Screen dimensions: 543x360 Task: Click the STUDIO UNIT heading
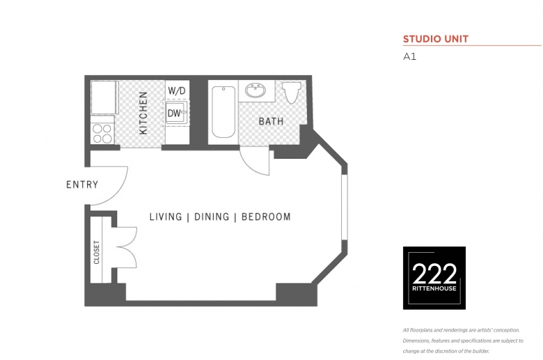(436, 39)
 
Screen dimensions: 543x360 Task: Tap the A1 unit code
(409, 56)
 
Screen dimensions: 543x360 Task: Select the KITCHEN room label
(143, 113)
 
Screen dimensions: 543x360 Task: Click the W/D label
(177, 91)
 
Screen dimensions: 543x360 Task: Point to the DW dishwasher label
(174, 113)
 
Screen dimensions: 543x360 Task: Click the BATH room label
(271, 121)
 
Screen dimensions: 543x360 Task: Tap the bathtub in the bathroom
(223, 112)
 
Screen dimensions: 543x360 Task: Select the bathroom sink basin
(255, 91)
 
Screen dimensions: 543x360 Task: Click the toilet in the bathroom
(292, 93)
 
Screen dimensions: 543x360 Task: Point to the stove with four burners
(102, 134)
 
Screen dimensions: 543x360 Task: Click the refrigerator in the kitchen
(104, 97)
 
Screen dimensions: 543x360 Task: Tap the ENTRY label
(82, 185)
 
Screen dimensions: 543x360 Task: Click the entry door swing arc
(117, 193)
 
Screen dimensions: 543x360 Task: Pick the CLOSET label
(97, 252)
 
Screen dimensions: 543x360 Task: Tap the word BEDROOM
(266, 217)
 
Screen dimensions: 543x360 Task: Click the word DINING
(212, 217)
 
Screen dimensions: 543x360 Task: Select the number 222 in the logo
(434, 274)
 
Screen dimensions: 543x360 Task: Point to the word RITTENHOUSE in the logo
(434, 288)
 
